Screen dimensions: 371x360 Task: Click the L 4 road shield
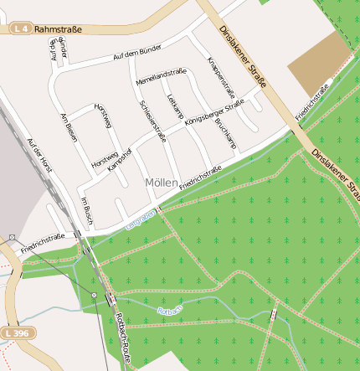(x=23, y=29)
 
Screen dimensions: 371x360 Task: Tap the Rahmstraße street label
(x=59, y=29)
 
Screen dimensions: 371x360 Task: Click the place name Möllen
(x=161, y=182)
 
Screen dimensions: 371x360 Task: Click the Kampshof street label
(x=120, y=158)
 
